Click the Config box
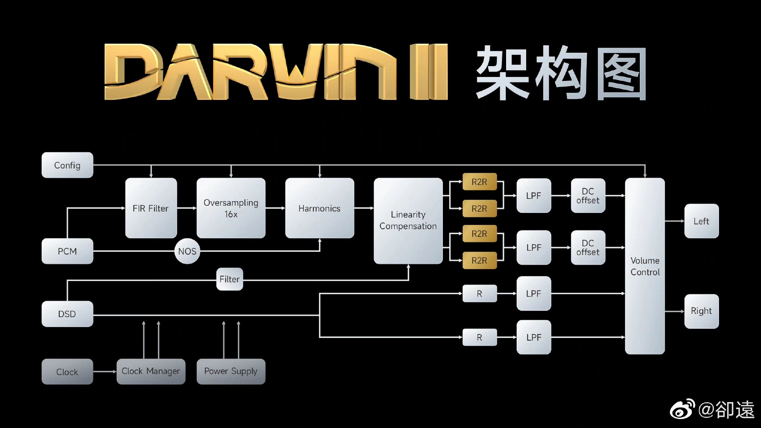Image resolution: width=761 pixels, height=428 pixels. tap(67, 165)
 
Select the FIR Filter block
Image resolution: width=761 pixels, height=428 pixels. tap(151, 208)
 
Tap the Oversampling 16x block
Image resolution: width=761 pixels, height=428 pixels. tap(231, 208)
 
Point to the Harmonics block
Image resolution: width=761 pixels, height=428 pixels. tap(320, 208)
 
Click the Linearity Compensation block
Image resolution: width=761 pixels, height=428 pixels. tap(408, 221)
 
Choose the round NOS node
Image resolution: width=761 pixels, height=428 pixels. tap(187, 251)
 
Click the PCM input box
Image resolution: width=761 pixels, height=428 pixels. tap(67, 251)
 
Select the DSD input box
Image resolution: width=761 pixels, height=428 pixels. tap(67, 314)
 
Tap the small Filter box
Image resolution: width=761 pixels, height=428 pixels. tap(230, 279)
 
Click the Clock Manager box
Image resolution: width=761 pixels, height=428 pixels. tap(151, 371)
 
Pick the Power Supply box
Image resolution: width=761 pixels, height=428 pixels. tap(231, 371)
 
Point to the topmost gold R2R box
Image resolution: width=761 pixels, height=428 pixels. tap(479, 182)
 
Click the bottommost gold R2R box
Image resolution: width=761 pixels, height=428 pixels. tap(479, 260)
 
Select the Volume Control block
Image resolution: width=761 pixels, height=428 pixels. tap(645, 266)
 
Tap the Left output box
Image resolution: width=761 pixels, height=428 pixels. tap(701, 221)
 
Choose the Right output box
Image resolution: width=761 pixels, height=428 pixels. tap(701, 311)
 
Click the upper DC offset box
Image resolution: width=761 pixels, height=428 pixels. tap(588, 195)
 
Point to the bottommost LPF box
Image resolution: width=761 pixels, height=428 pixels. tap(534, 337)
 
